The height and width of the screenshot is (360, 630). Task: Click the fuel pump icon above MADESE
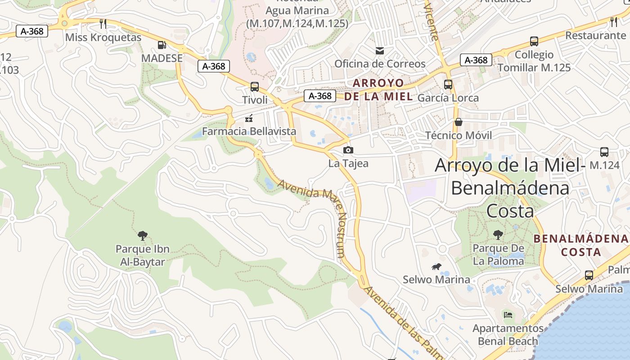point(162,45)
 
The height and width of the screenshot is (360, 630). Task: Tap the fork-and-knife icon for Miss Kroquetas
point(103,23)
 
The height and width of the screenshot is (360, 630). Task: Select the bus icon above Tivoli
point(254,86)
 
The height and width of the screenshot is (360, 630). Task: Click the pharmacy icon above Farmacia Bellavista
point(248,118)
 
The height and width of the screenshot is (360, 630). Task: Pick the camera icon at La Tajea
point(348,150)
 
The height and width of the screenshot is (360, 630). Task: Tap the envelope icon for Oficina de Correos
point(380,50)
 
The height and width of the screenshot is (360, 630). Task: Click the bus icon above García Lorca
point(448,84)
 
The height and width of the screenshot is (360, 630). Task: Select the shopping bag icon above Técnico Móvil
point(458,122)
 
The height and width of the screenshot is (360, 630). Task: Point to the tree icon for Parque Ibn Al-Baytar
point(143,235)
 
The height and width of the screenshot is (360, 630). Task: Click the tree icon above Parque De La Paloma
point(498,234)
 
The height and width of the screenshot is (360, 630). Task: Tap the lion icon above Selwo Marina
point(436,267)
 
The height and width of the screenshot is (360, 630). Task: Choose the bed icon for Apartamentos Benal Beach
point(508,315)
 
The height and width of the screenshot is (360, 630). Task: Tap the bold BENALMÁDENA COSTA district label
point(581,245)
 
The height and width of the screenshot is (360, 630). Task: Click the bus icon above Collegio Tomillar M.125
point(534,41)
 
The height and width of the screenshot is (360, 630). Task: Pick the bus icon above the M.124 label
point(604,152)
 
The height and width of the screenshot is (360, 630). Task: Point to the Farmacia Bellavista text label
point(249,131)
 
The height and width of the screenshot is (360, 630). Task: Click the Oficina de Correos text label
point(379,64)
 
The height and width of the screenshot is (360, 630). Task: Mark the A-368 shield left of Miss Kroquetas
point(32,31)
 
